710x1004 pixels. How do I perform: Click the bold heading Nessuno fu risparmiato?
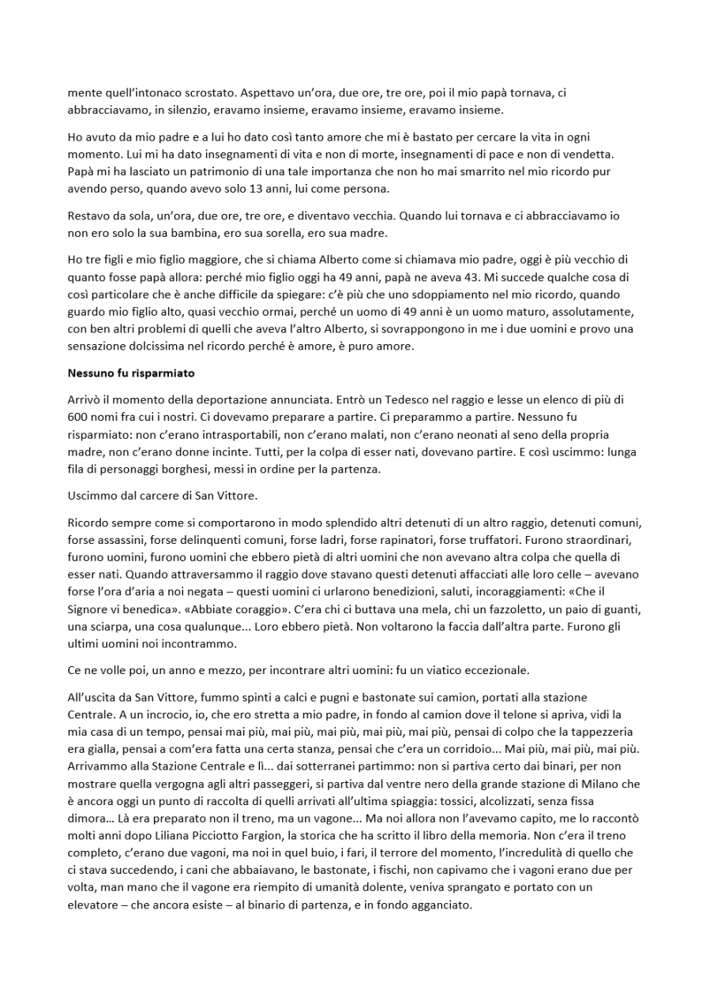click(131, 373)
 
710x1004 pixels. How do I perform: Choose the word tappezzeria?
click(602, 732)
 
